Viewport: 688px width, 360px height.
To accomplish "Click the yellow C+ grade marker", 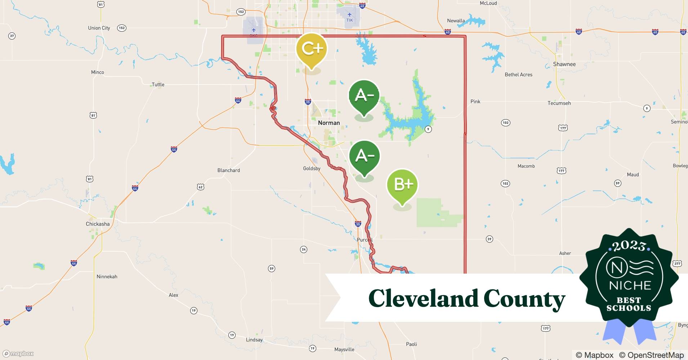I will (x=311, y=49).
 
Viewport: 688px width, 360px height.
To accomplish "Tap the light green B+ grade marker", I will (x=402, y=184).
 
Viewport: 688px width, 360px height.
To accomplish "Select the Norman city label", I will (x=329, y=123).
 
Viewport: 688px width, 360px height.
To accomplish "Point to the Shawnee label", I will (x=564, y=64).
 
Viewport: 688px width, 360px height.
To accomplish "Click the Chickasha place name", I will (x=98, y=224).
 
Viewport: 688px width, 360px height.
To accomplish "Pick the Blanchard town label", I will (x=228, y=170).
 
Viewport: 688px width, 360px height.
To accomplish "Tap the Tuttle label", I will (x=158, y=85).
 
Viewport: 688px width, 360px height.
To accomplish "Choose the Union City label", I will (x=99, y=28).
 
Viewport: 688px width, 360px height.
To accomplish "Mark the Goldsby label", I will (x=312, y=168).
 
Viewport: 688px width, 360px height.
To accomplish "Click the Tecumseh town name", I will (x=559, y=103).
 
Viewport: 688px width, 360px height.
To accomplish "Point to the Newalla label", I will (x=456, y=21).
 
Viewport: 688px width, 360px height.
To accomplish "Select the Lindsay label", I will (x=254, y=340).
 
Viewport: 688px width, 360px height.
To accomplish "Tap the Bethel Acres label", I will (x=518, y=75).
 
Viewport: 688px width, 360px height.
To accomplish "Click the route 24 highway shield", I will (x=304, y=249).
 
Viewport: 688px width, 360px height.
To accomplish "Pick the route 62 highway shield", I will (x=201, y=186).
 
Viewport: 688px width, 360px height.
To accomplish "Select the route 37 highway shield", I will (x=12, y=36).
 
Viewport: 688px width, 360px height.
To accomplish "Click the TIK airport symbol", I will (x=349, y=15).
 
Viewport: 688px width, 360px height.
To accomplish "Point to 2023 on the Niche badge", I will (x=629, y=246).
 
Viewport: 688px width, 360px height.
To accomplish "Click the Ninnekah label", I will (x=107, y=276).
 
